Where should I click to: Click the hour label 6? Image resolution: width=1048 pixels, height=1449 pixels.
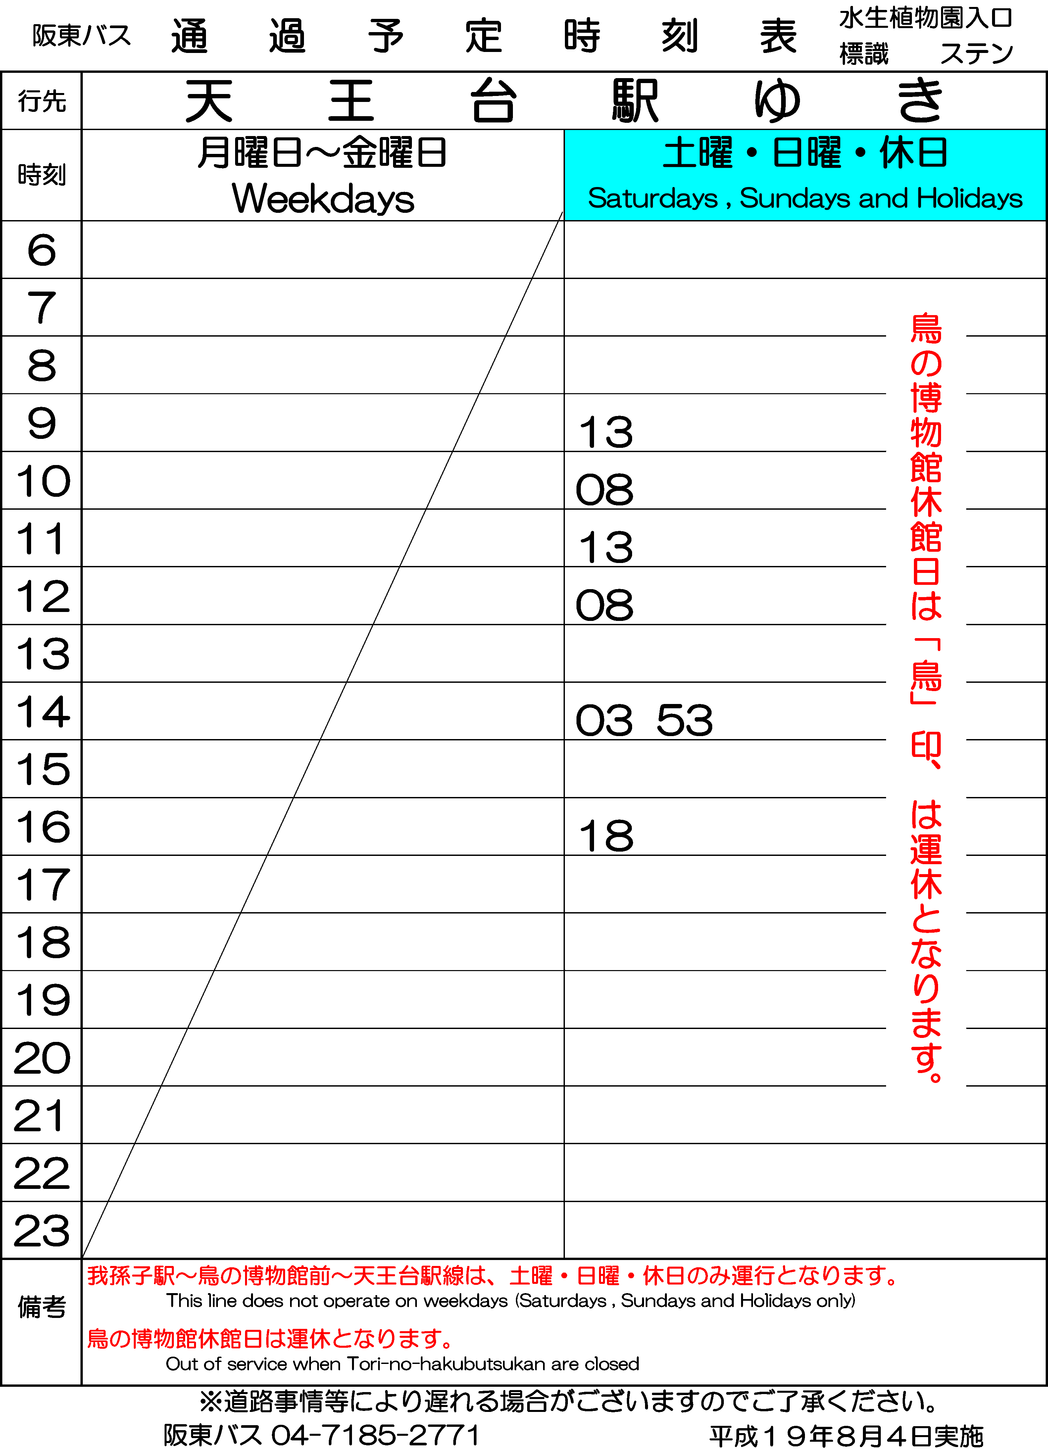[41, 250]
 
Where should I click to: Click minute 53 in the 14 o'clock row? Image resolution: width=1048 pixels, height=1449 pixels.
[684, 721]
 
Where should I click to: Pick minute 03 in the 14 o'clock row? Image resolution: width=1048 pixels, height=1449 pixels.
[605, 721]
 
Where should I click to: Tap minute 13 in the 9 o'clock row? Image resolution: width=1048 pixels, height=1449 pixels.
[606, 433]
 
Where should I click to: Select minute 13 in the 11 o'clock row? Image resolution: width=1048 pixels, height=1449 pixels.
[606, 547]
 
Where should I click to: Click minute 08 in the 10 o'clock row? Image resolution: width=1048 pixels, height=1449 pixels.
[605, 490]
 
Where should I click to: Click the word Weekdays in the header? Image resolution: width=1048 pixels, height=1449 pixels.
[323, 199]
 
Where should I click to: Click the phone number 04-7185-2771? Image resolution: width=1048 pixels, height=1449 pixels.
[376, 1435]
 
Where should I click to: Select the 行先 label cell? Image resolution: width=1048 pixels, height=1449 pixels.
[41, 101]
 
